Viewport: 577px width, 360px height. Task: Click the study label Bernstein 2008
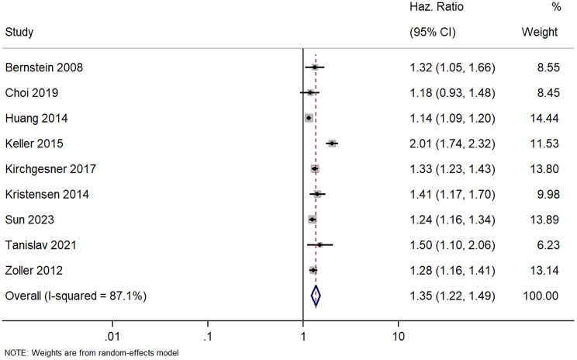[x=43, y=67]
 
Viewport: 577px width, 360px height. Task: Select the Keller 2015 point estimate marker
[x=332, y=144]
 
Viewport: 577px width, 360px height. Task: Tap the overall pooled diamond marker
[x=316, y=296]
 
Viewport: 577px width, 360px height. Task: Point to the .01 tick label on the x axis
[x=112, y=337]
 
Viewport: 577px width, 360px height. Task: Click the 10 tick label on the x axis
[x=398, y=337]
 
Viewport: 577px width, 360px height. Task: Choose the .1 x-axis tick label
[x=208, y=337]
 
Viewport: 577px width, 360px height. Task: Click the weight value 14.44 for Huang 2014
[x=544, y=118]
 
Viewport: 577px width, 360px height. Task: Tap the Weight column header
[x=540, y=32]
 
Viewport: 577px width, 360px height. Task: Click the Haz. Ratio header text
[x=437, y=7]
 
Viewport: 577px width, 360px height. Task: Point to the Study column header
[x=19, y=32]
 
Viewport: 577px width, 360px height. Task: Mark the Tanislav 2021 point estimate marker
[x=320, y=245]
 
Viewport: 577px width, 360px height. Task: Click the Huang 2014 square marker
[x=309, y=118]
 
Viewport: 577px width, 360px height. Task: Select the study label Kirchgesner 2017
[x=50, y=169]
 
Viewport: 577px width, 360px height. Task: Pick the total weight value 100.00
[x=541, y=296]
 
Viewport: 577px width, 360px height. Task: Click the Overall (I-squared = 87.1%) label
[x=76, y=296]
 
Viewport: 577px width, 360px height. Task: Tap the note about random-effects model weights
[x=92, y=353]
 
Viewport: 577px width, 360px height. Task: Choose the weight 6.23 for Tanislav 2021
[x=548, y=245]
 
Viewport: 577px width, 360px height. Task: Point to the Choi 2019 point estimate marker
[x=310, y=93]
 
